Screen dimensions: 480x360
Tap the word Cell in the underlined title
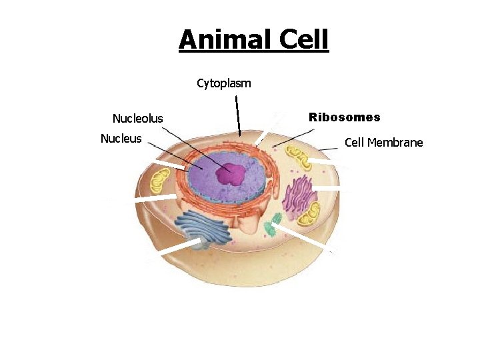pos(303,40)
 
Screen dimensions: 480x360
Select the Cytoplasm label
pos(224,83)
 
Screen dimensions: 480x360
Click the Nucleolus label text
pos(137,119)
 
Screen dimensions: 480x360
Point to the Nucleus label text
pos(121,139)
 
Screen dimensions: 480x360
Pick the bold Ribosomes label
pos(344,117)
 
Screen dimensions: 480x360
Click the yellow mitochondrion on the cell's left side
pos(160,181)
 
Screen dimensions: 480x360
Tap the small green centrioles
pos(271,226)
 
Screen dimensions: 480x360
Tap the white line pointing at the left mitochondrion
pos(155,198)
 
